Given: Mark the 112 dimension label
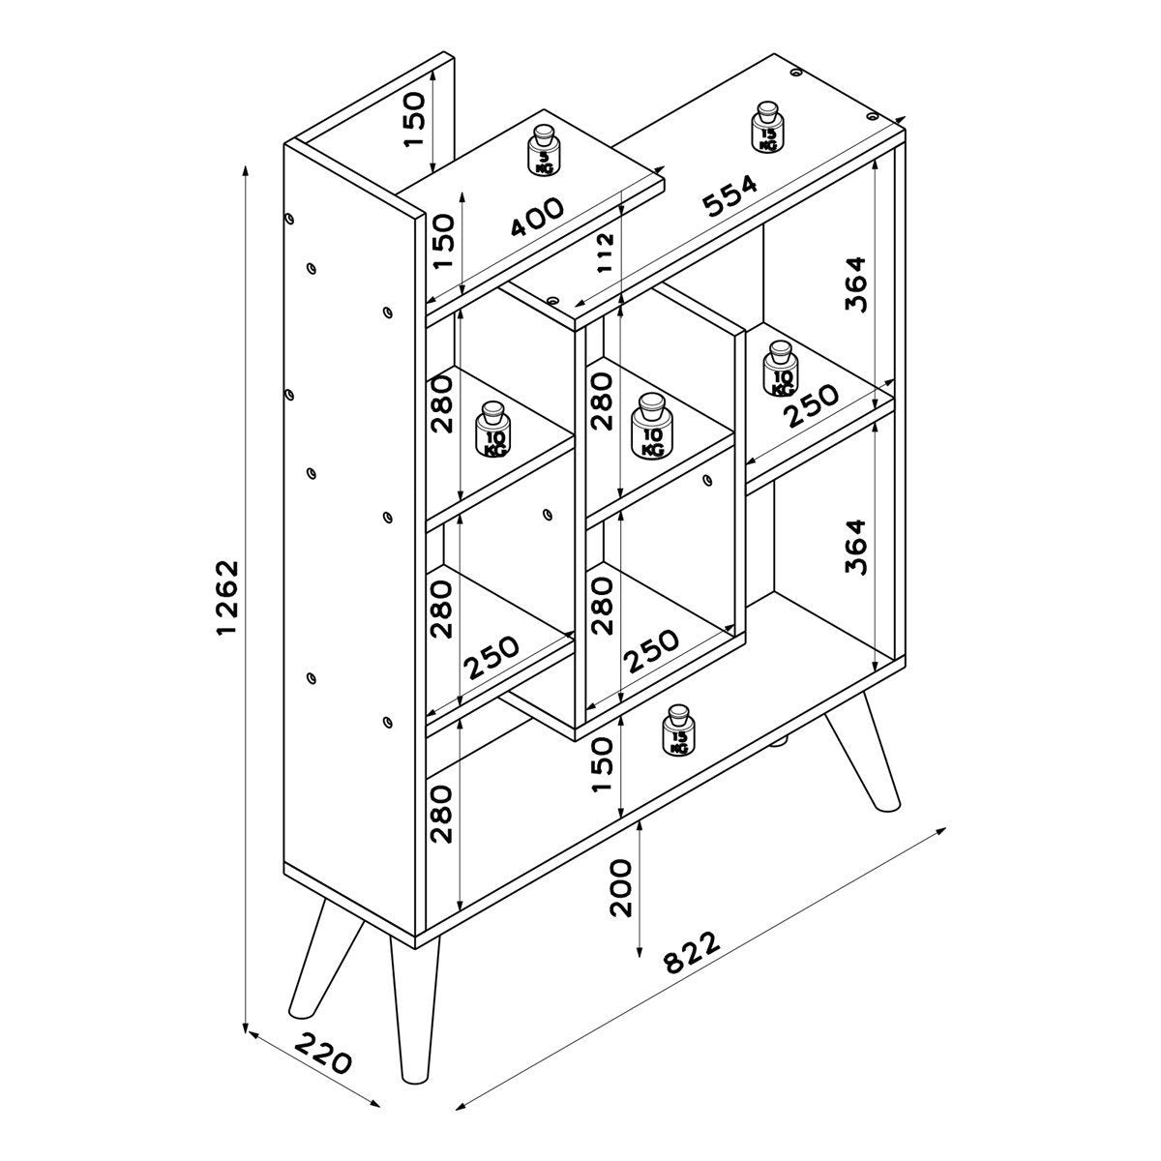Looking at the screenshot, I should point(606,253).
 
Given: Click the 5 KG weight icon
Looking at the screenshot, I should point(545,152).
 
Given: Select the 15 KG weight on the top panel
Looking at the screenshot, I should point(767,127).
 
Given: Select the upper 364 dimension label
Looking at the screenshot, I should point(855,283).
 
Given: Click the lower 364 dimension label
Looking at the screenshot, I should point(855,547).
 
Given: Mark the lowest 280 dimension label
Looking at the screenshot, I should point(441,813).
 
